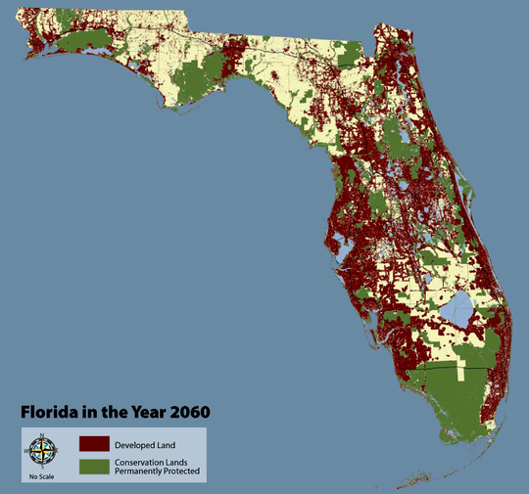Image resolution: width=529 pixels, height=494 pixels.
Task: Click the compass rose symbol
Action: click(41, 451)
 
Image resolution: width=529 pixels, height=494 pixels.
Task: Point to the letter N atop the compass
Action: click(41, 436)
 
